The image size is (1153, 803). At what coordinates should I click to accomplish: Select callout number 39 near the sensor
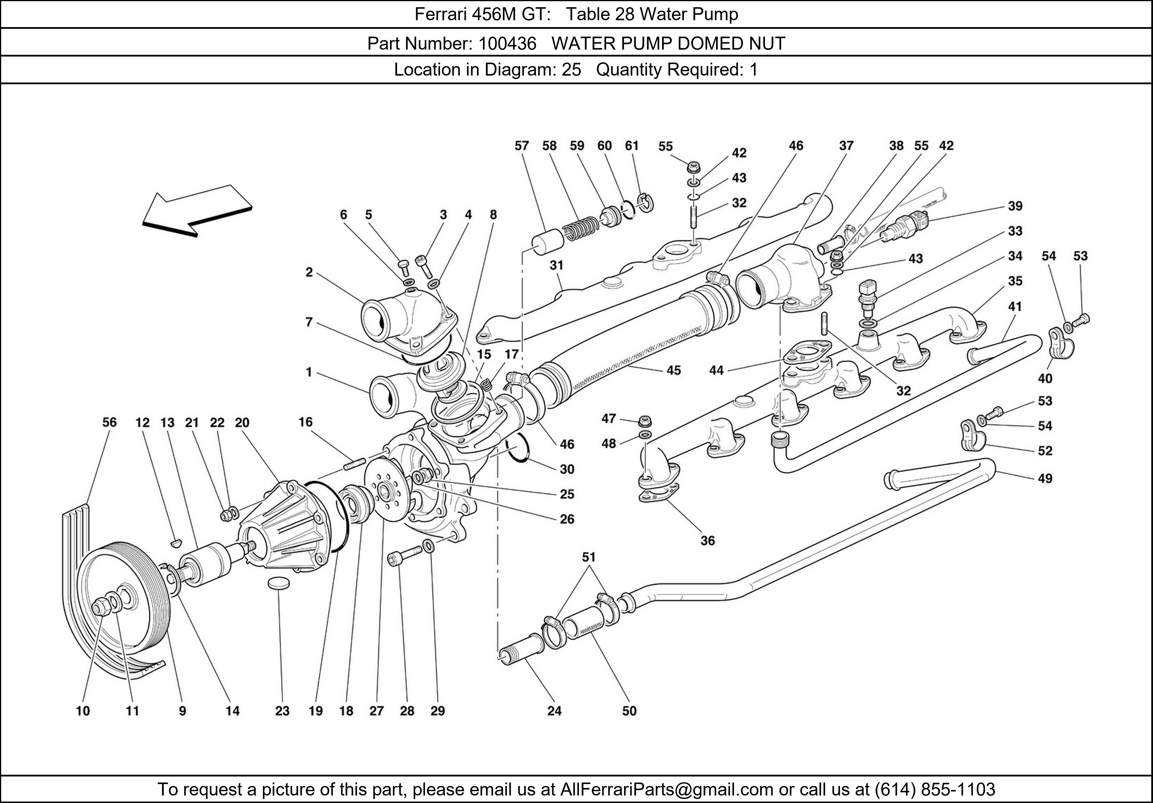(x=1015, y=206)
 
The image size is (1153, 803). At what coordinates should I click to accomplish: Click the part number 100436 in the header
(x=507, y=44)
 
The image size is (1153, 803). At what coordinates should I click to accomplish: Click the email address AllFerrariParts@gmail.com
(x=666, y=789)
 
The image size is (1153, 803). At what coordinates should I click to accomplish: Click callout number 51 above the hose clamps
(x=589, y=557)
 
